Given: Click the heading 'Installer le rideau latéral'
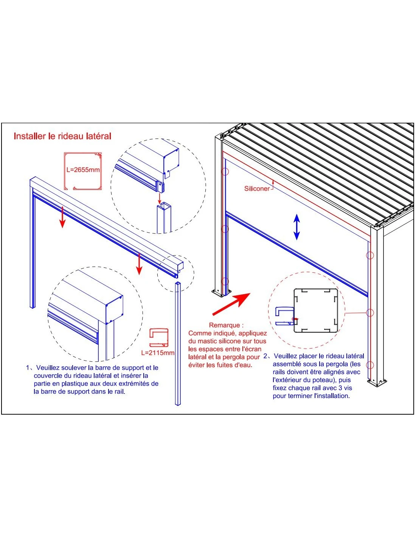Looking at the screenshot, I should (62, 136).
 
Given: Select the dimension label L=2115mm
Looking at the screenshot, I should (158, 353).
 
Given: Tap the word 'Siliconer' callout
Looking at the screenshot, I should (257, 189).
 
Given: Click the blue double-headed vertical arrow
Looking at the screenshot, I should (297, 227).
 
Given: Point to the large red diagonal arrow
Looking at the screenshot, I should (231, 304).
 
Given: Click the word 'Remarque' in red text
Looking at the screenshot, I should (224, 325).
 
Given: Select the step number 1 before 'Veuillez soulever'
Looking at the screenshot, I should (28, 368).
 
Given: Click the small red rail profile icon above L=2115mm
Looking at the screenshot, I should (158, 337).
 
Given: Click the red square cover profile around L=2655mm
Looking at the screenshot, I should (83, 171).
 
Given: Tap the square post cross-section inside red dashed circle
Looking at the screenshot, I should (316, 310).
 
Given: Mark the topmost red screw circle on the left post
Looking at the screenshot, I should (225, 172).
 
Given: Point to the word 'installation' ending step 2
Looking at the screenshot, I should (332, 396).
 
